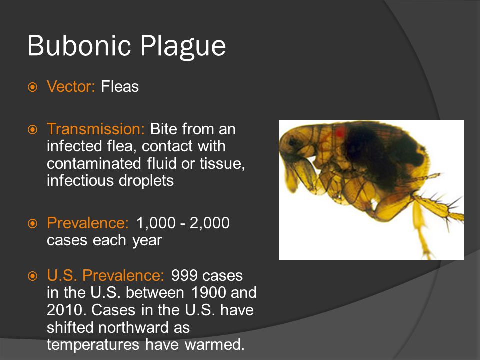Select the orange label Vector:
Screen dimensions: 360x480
(x=71, y=87)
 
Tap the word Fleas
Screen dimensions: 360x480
(x=120, y=87)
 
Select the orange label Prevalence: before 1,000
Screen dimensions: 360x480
(x=88, y=223)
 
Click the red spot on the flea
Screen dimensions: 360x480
(x=340, y=132)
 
